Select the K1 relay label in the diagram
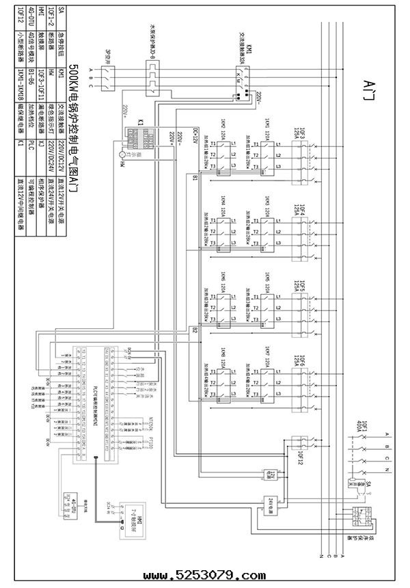[140, 123]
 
